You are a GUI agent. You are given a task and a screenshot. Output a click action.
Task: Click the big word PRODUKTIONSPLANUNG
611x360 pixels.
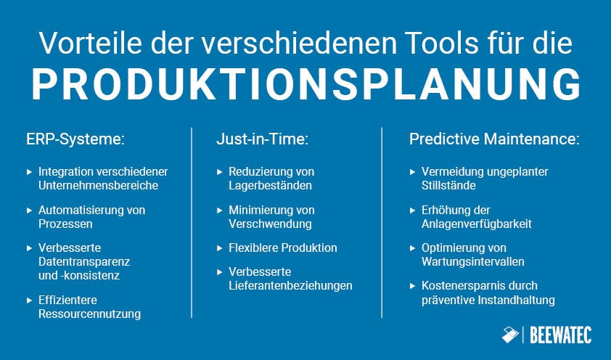305,86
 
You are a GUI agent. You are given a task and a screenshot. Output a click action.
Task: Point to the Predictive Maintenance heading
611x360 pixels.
494,139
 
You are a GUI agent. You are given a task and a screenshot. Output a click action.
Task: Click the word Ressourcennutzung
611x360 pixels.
90,314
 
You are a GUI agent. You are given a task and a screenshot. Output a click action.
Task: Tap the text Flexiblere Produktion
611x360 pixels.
283,247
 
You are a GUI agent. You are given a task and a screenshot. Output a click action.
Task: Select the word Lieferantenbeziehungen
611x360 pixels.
290,285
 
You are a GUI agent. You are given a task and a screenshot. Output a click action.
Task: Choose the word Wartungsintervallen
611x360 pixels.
472,261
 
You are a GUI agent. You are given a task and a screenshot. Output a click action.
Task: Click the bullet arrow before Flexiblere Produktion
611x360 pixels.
220,248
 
